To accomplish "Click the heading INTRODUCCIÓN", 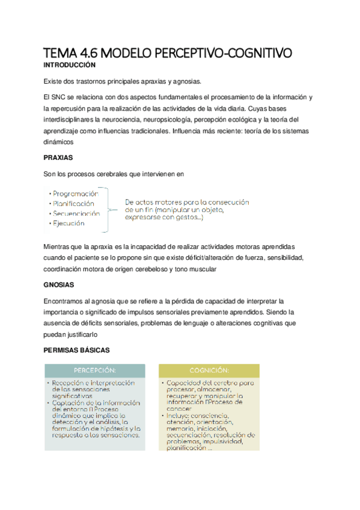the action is (70, 64).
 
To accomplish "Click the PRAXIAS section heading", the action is (58, 158).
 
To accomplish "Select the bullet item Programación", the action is (75, 194).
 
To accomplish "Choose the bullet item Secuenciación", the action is (76, 213).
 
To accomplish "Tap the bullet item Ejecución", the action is (69, 223).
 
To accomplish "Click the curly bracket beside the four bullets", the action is (108, 209).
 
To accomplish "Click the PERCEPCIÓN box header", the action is (95, 370).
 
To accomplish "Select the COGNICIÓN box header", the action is (209, 370).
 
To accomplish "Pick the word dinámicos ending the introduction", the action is (59, 141).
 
